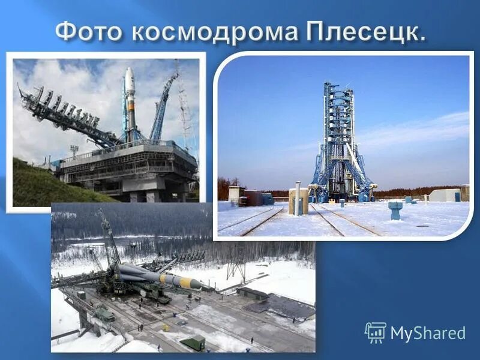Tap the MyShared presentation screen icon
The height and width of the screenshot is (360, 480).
pyautogui.click(x=375, y=332)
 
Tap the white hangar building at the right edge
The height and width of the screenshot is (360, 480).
pyautogui.click(x=445, y=195)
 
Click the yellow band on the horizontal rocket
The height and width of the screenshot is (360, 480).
pyautogui.click(x=183, y=282)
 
